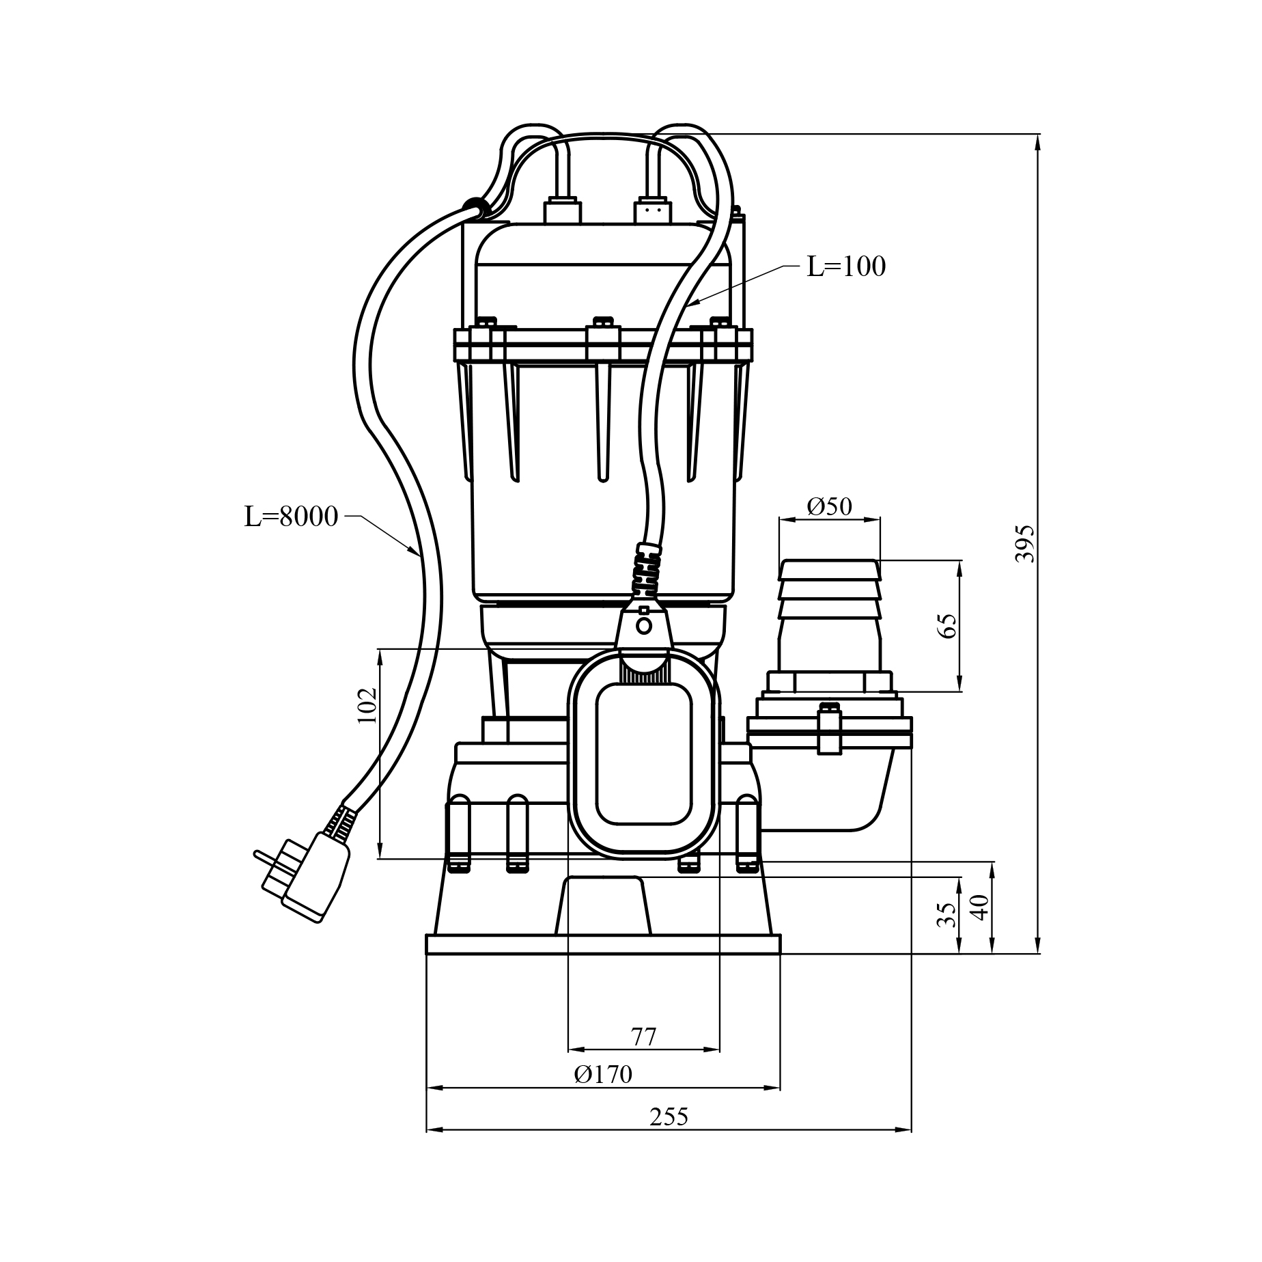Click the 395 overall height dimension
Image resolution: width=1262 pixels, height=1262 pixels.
point(1024,544)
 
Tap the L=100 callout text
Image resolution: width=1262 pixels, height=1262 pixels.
point(846,266)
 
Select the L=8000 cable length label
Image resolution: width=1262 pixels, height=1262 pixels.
point(292,517)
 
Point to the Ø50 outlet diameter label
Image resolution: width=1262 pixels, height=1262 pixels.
point(829,506)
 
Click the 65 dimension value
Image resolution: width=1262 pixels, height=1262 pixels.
point(947,625)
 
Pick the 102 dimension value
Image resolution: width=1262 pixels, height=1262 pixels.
point(367,704)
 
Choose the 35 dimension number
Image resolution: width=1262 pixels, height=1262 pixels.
point(946,914)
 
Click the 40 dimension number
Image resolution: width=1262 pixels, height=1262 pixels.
point(979,907)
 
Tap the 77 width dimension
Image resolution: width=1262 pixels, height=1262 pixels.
point(643,1037)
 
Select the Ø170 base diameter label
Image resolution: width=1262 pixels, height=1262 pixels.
point(603,1074)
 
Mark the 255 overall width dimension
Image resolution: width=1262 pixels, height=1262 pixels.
point(669,1116)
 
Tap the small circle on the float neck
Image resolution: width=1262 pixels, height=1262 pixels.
point(643,625)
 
